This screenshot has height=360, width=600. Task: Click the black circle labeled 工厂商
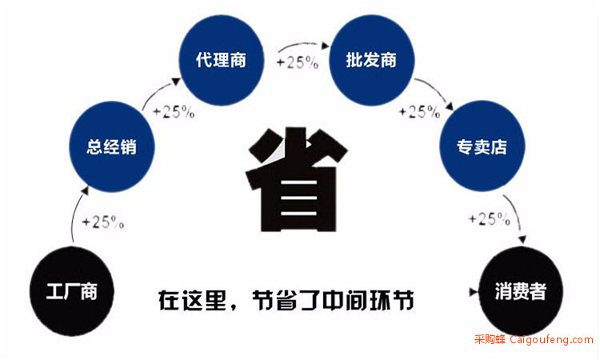[72, 291]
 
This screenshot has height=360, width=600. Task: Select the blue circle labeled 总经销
[112, 146]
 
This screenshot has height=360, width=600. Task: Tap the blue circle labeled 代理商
[222, 60]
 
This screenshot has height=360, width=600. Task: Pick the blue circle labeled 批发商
[371, 60]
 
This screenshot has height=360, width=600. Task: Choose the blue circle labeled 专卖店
[482, 146]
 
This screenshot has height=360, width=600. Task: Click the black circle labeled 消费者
[521, 291]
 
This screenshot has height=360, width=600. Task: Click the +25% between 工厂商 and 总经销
[103, 222]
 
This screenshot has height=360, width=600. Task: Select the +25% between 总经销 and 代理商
[174, 112]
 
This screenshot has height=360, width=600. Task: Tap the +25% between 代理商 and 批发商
[298, 62]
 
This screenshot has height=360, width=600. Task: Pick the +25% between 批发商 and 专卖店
[419, 112]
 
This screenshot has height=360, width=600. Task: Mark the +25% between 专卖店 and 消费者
[490, 219]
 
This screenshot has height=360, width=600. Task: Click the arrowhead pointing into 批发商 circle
[326, 46]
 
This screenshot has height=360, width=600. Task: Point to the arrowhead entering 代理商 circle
[176, 82]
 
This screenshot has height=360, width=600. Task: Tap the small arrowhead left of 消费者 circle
[474, 292]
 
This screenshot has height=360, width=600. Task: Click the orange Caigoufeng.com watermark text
[551, 339]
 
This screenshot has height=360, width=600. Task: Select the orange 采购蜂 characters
[490, 339]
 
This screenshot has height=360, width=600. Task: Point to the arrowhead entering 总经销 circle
[85, 191]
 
